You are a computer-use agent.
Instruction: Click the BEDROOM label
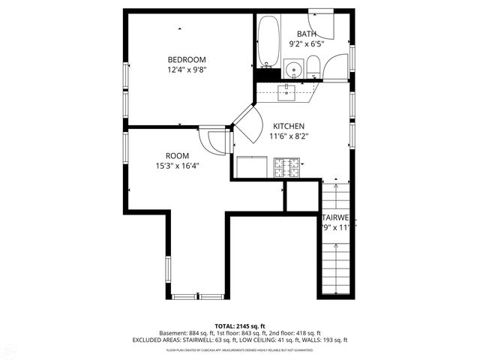[187, 59]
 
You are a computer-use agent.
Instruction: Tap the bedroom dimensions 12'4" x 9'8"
[187, 70]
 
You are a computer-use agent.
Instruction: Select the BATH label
[306, 34]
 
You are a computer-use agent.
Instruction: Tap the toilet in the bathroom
[314, 67]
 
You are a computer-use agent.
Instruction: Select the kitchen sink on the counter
[287, 92]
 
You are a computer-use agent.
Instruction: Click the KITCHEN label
[289, 126]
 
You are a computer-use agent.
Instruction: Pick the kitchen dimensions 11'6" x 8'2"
[289, 136]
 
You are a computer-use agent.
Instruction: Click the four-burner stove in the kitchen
[287, 167]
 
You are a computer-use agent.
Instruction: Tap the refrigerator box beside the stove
[251, 166]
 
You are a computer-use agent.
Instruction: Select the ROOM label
[177, 156]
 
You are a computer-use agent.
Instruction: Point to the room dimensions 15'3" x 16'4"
[177, 166]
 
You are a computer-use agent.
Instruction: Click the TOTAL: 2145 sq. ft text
[239, 325]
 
